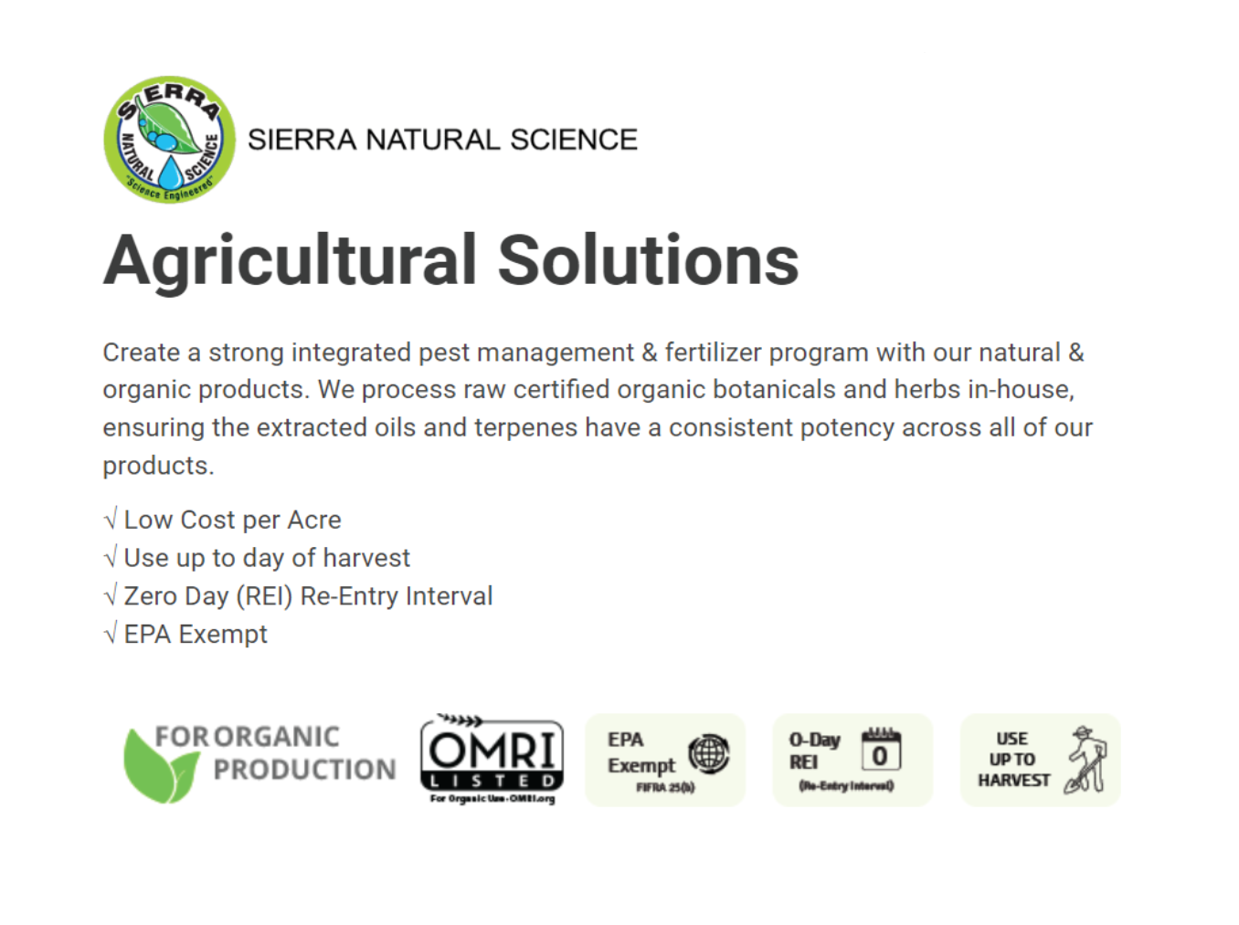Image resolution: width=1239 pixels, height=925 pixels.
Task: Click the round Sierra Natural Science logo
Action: (169, 139)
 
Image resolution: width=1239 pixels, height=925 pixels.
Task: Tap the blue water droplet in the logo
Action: (171, 173)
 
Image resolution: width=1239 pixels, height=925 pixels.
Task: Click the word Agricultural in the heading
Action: (290, 261)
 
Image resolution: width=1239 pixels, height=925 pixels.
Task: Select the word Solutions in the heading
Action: (648, 261)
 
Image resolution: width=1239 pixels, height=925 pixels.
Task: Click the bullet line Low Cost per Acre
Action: (232, 520)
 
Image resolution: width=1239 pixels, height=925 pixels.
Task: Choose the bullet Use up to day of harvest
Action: (267, 558)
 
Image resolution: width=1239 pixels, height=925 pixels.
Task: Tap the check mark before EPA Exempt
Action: (111, 634)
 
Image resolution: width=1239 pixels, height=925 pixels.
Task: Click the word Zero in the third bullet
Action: (151, 596)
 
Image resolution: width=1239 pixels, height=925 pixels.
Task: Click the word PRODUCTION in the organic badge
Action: (304, 770)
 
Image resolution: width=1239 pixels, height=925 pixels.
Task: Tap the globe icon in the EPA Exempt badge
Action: (709, 754)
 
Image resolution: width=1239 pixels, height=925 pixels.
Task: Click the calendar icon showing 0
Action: (881, 751)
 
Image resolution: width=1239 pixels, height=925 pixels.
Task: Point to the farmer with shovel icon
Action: (1086, 760)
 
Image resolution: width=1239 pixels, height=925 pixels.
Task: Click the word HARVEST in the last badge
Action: (1013, 781)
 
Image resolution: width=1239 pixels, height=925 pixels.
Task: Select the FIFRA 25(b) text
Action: (665, 787)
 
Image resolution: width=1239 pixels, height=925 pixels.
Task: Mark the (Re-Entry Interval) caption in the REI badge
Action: (846, 785)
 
